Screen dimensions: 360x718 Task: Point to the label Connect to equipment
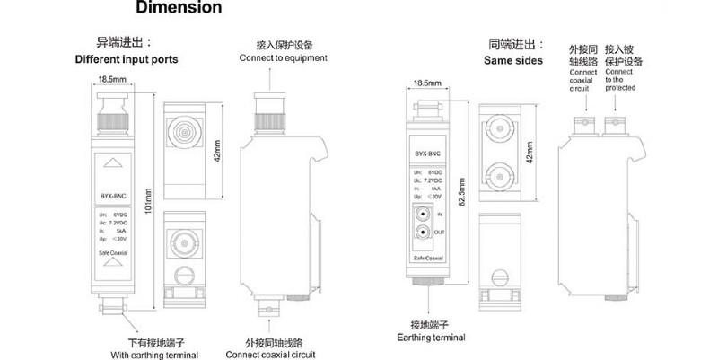point(283,58)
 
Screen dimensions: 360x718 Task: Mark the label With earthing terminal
point(154,356)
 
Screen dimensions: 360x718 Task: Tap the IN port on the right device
point(421,215)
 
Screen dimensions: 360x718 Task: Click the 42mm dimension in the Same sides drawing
point(535,155)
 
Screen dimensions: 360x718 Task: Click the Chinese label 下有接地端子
point(153,342)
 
